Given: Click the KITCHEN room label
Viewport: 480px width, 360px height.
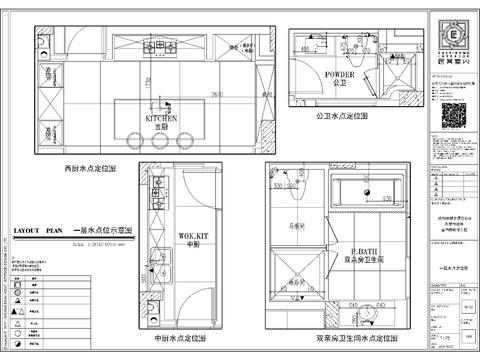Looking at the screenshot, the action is click(160, 117).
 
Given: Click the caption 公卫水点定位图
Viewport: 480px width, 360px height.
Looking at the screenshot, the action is click(341, 116).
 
